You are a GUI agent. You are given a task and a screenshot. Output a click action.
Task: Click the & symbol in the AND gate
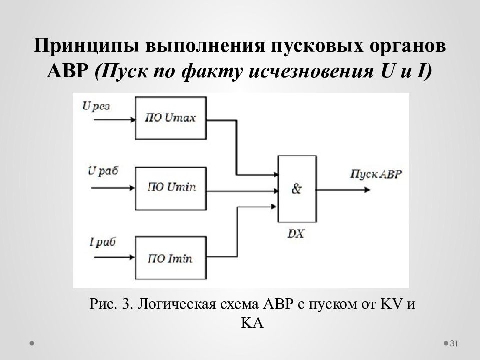(x=297, y=189)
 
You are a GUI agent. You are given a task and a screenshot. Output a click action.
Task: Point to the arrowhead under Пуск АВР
(x=367, y=190)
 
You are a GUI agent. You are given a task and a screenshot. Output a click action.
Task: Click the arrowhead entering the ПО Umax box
(x=133, y=119)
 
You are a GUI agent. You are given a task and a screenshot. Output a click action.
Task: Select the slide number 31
(x=454, y=343)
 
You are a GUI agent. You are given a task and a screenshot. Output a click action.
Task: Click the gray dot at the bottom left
(x=32, y=343)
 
